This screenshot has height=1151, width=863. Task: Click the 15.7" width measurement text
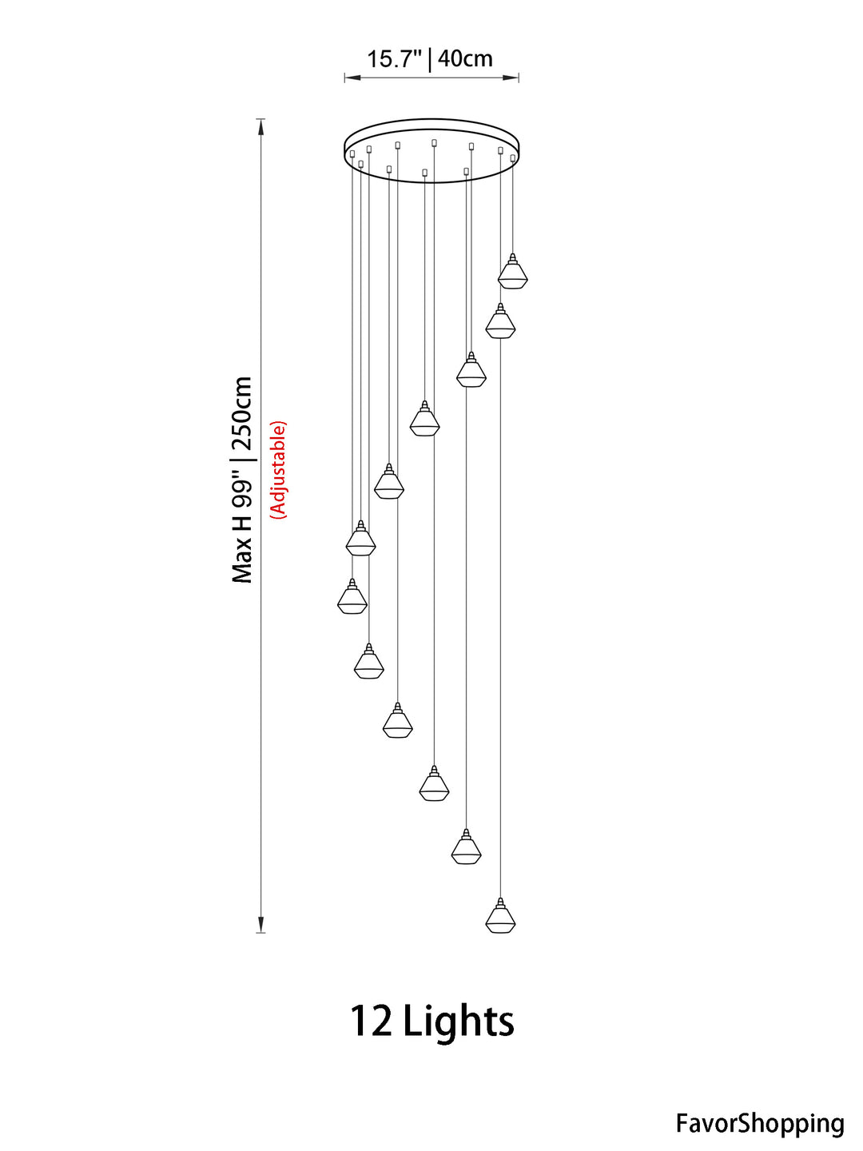395,58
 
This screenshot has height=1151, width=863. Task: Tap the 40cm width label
465,58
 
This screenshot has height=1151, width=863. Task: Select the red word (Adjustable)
278,469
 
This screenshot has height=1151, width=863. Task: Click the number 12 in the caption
371,1021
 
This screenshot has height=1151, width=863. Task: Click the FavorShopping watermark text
760,1123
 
